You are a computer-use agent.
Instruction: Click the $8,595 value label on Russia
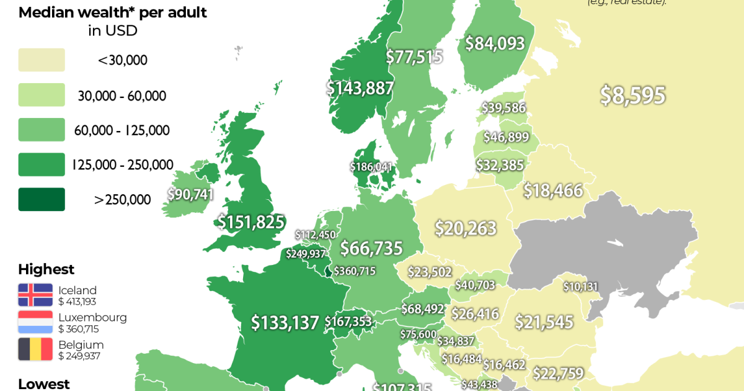632,96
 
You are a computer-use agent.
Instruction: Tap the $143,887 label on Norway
360,88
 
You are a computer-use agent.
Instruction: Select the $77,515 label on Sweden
414,57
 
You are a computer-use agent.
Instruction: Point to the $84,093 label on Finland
495,43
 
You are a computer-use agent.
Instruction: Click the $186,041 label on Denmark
371,167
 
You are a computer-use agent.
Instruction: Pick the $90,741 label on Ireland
190,194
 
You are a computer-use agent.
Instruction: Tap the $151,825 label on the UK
250,222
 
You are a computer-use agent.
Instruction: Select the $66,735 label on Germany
371,248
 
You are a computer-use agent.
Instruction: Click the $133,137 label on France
285,322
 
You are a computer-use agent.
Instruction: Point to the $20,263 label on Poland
465,228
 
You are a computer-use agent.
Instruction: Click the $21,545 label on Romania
544,322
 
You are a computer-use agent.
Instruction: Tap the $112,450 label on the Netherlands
315,235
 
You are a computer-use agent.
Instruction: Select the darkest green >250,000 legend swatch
42,199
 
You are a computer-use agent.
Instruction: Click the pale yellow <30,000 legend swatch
42,60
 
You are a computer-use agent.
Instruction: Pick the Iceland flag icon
35,295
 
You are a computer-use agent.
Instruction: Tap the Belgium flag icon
35,349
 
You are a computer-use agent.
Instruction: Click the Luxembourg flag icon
35,322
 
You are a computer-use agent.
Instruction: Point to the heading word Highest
46,269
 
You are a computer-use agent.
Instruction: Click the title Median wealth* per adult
113,12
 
